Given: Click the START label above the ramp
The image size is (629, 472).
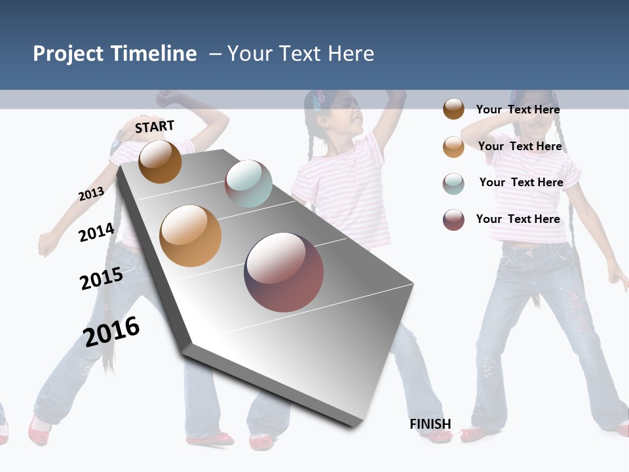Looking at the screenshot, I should tap(155, 127).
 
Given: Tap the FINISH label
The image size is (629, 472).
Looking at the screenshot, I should tap(430, 424).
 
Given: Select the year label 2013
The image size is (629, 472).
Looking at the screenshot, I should tap(91, 194).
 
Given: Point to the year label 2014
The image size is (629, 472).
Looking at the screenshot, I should tap(96, 232).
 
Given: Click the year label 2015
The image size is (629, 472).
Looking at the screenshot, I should tap(101, 279).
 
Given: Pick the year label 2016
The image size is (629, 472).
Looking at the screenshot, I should tap(111, 331).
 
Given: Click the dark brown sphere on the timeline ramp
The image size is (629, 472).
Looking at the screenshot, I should tap(160, 161).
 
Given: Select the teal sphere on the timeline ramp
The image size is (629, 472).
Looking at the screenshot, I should tap(248, 184).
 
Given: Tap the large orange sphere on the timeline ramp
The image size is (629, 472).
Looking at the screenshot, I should tap(191, 236).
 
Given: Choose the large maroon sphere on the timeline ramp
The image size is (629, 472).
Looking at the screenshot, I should tap(284, 272).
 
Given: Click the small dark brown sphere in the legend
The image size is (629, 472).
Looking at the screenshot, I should tap(453, 109).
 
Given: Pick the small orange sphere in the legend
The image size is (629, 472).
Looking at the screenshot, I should tap(453, 147).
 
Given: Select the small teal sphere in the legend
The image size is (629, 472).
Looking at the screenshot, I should tap(453, 184).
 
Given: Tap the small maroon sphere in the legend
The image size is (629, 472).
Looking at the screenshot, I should tap(453, 220).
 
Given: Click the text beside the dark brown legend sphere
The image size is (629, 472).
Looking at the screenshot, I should tap(518, 109).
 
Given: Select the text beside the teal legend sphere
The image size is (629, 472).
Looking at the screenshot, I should tap(521, 182).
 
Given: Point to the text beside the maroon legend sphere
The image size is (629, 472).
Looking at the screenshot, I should tap(518, 219).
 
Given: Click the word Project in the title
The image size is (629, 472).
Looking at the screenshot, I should tap(69, 54).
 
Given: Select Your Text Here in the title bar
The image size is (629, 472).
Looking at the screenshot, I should tap(301, 54).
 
